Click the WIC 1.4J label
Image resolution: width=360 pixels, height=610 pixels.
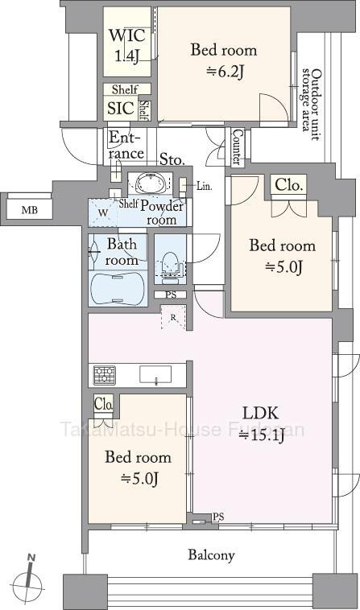point(127,46)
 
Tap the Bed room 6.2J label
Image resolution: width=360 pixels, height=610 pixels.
point(224,60)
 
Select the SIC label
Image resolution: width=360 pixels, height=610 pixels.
point(121,108)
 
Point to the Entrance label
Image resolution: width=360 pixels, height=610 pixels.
point(126,145)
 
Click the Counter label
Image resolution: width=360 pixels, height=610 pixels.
point(237,146)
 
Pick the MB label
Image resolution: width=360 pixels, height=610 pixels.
point(30,211)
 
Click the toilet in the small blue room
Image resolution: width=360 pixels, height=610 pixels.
point(170,265)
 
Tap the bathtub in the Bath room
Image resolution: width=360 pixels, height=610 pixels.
point(118,287)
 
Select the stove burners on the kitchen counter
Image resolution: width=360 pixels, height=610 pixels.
point(105,375)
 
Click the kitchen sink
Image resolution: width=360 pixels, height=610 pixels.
point(155,375)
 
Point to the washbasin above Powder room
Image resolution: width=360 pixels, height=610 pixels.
point(150,182)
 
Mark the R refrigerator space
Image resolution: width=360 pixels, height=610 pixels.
point(173,317)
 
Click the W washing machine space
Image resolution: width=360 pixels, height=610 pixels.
point(103,212)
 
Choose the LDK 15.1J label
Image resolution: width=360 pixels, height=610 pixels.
point(261,424)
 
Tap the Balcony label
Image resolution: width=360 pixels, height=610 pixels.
point(211,555)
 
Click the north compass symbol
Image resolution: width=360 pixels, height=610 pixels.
point(27,581)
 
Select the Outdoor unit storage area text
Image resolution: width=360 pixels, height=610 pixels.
point(312,104)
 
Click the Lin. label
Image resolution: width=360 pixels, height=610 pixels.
point(205,187)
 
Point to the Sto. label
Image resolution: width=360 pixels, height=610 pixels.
point(172,159)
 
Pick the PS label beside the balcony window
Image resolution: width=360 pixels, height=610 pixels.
point(218,517)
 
